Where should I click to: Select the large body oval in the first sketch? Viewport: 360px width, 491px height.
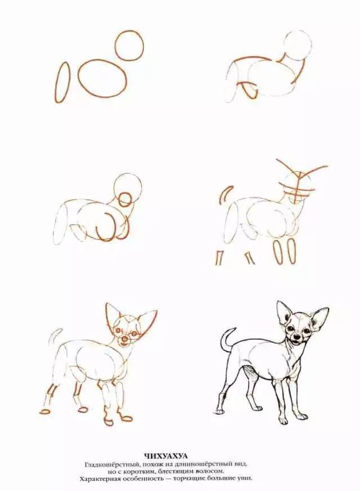102,78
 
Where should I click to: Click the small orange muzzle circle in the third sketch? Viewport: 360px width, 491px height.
125,199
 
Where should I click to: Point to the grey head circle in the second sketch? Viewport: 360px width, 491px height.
298,46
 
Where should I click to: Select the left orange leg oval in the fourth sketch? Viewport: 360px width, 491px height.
277,251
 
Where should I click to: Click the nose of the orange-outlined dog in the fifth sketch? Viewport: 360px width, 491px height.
125,339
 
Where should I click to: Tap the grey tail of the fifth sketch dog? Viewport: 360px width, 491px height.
55,335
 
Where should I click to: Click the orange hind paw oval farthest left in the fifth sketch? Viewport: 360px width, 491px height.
45,411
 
